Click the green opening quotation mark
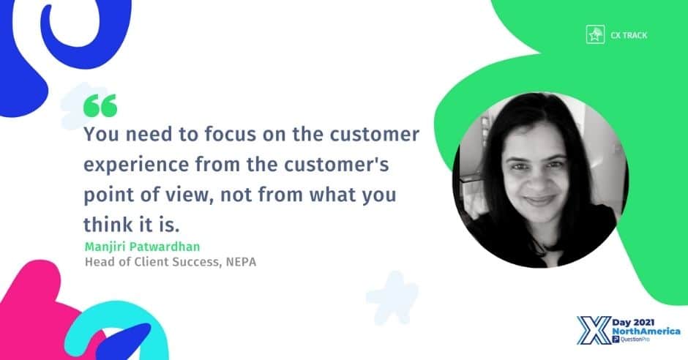click(100, 105)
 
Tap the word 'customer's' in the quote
click(337, 165)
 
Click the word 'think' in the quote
click(102, 225)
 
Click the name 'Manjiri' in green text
click(105, 247)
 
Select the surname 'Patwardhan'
click(165, 247)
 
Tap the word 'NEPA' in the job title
click(241, 262)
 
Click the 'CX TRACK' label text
click(629, 35)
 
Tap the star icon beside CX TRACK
click(596, 34)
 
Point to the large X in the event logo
click(594, 330)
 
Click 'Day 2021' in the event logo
click(633, 323)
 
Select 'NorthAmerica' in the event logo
click(646, 331)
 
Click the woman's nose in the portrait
click(536, 180)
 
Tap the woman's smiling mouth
click(539, 200)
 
